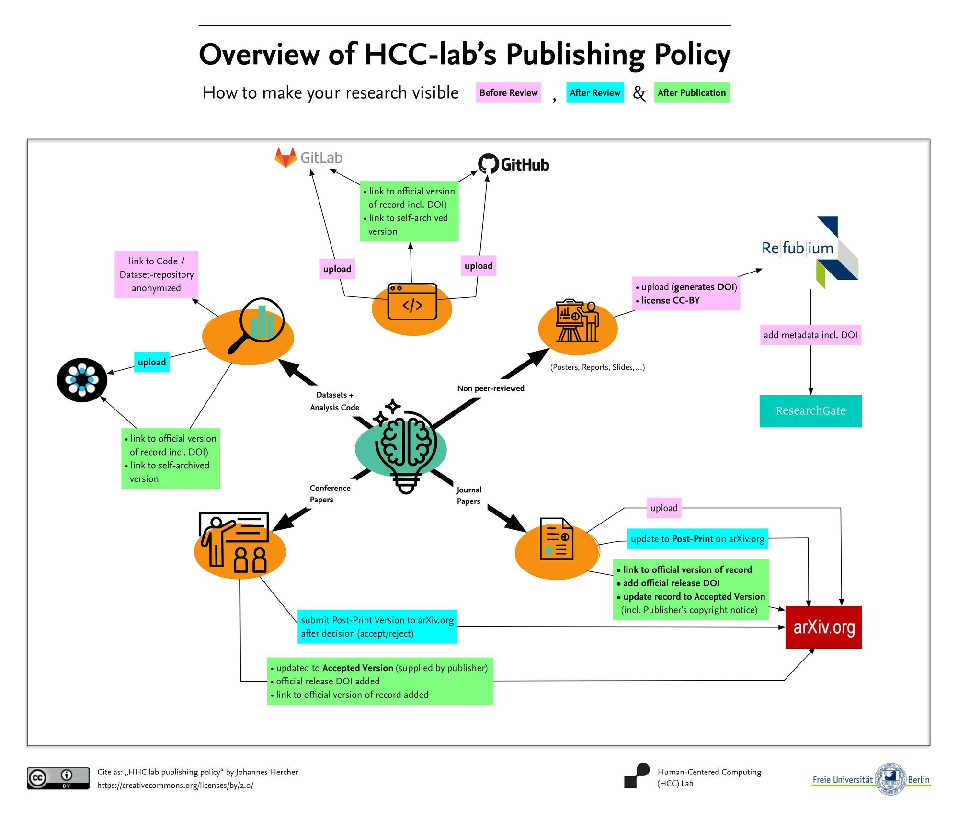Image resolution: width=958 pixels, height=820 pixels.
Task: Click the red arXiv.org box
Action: coord(823,627)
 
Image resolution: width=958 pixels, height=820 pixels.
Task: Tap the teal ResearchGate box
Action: coord(810,410)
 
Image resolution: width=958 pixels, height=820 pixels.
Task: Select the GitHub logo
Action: coord(513,164)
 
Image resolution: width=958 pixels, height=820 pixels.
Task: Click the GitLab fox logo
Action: coord(285,158)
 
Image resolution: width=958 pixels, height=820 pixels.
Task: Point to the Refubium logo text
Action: coord(798,248)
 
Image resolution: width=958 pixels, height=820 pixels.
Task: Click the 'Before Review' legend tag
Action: coord(508,92)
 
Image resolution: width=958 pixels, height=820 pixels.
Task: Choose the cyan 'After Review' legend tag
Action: coord(595,92)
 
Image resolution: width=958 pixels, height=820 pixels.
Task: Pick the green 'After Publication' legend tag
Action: coord(692,92)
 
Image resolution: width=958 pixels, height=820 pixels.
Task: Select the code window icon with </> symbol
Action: coord(412,302)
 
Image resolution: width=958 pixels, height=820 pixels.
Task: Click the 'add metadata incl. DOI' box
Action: coord(810,335)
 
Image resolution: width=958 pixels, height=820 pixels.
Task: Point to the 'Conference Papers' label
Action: coord(330,494)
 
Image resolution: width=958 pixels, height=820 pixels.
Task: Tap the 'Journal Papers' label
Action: coord(469,495)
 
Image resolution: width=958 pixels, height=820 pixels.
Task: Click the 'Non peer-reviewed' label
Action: coord(490,388)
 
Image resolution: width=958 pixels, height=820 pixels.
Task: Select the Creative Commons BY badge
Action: coord(58,778)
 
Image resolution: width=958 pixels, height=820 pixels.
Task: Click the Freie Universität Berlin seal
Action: coord(890,779)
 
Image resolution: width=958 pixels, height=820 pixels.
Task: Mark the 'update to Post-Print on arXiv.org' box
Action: coord(697,539)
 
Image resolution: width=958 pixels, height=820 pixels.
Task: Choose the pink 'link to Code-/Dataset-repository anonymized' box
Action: coord(156,274)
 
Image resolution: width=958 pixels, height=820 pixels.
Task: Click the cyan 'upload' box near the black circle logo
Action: coord(152,362)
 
